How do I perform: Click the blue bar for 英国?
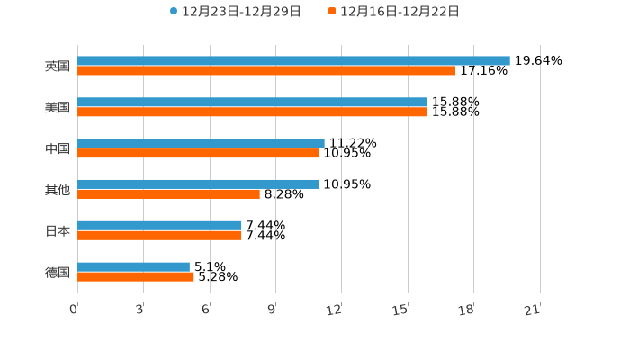coord(293,61)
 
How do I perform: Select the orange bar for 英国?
coord(266,71)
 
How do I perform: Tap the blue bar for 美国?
coord(252,103)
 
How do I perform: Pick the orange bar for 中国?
coord(198,154)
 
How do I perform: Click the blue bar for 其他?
coord(198,184)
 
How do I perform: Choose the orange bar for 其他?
coord(168,194)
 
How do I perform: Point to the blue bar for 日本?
coord(159,225)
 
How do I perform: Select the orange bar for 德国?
coord(136,277)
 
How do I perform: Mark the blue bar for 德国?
coord(133,266)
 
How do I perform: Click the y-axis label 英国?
coord(58,67)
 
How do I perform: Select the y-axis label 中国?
coord(58,148)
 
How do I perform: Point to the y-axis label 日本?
coord(58,231)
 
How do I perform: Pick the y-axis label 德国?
coord(58,272)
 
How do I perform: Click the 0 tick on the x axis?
coord(75,310)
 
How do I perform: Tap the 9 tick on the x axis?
coord(272,310)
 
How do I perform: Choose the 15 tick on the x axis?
coord(400,310)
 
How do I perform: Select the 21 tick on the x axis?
coord(532,310)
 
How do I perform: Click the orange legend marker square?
coord(332,12)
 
